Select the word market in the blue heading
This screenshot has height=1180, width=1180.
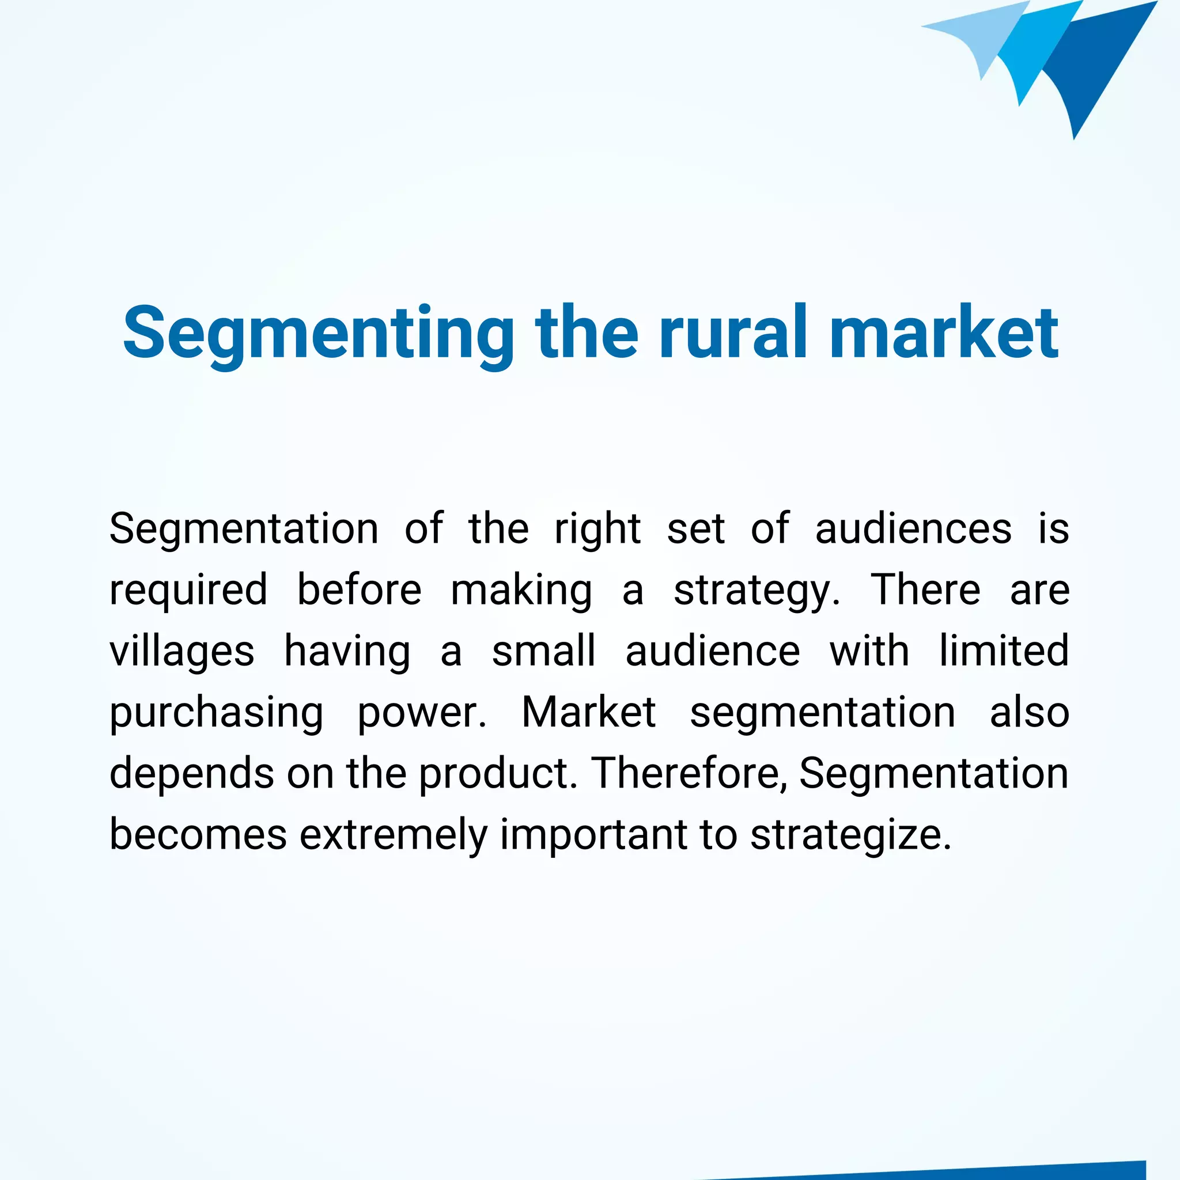(944, 333)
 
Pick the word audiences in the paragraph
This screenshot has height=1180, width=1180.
(913, 528)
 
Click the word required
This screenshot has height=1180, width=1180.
(188, 590)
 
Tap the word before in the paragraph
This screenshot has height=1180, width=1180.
(359, 590)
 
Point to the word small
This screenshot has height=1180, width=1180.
(543, 651)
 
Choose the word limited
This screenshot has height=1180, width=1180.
(1004, 651)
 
